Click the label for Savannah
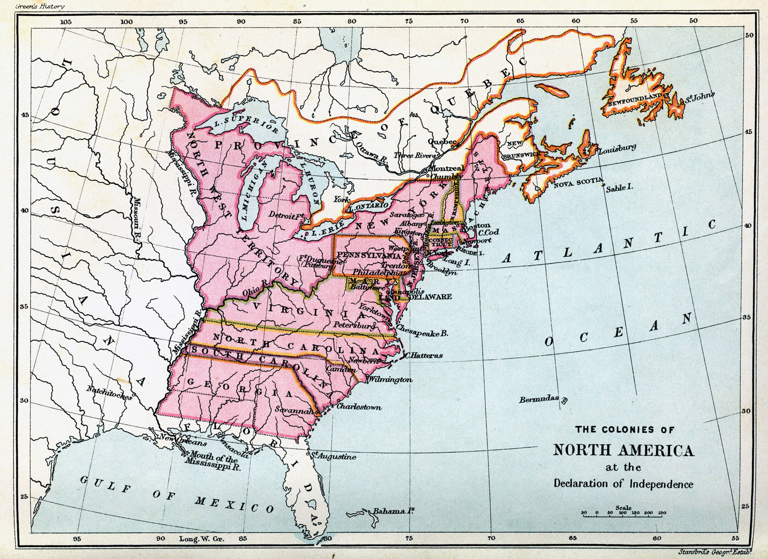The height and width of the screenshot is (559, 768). tap(295, 411)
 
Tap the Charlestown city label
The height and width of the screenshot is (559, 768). tap(359, 407)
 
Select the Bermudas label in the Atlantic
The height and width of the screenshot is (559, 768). tap(539, 399)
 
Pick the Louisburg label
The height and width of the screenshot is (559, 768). tap(617, 148)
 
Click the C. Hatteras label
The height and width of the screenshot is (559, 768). tap(423, 355)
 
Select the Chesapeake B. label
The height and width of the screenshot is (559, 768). tap(422, 334)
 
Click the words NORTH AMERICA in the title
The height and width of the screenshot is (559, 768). tap(623, 450)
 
